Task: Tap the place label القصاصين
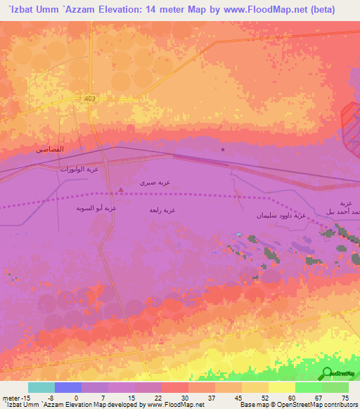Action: (x=50, y=150)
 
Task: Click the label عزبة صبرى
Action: (x=155, y=182)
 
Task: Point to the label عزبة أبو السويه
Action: (x=96, y=208)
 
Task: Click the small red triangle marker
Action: (x=122, y=189)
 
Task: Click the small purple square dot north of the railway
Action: (x=223, y=149)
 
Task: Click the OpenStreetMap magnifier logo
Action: (x=326, y=373)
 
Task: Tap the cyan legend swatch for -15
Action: (x=41, y=387)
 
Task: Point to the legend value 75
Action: (x=344, y=397)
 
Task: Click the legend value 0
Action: (x=76, y=397)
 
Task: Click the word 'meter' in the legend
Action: (x=10, y=397)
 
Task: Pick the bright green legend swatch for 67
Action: (x=308, y=387)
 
